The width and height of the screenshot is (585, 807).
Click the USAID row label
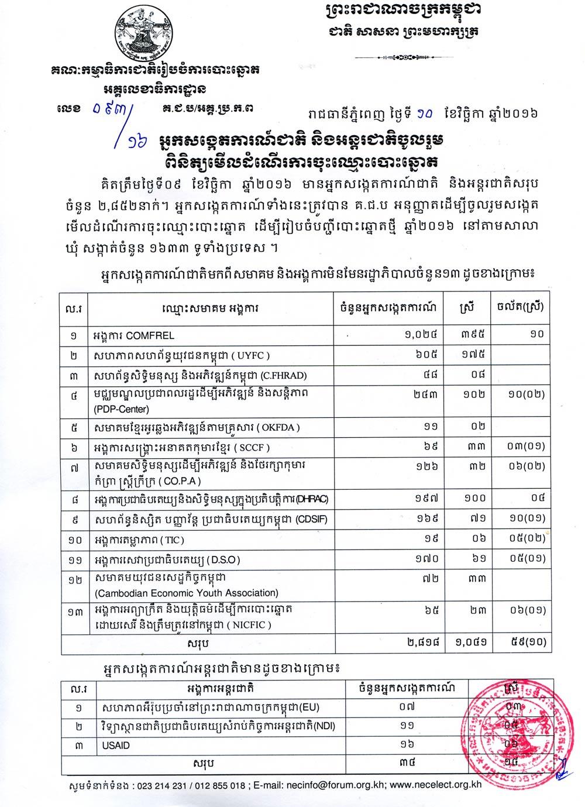pyautogui.click(x=112, y=746)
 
